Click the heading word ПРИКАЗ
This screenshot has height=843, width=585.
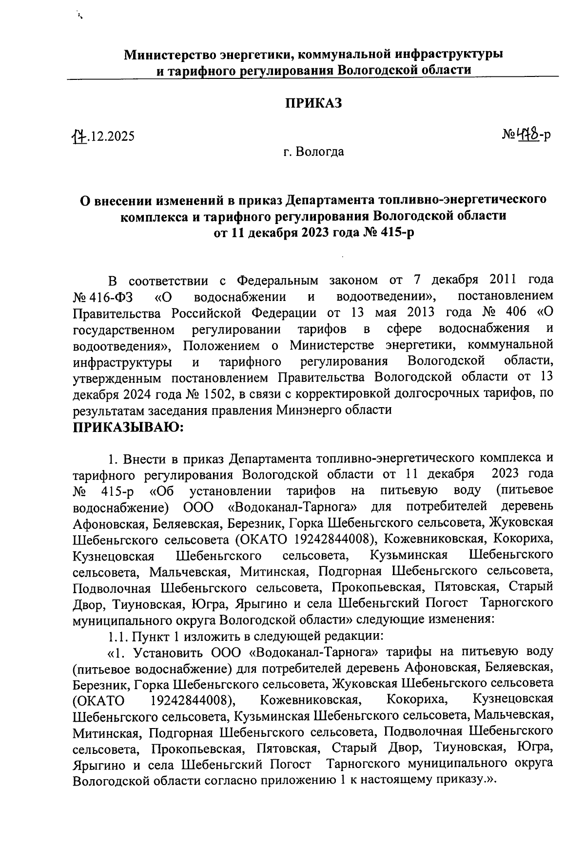pos(313,103)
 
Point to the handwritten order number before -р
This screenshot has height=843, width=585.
pos(526,134)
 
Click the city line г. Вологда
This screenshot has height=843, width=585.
pos(313,152)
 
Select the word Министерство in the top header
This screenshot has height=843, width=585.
pos(170,54)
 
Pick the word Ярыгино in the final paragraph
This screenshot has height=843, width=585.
pos(100,764)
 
